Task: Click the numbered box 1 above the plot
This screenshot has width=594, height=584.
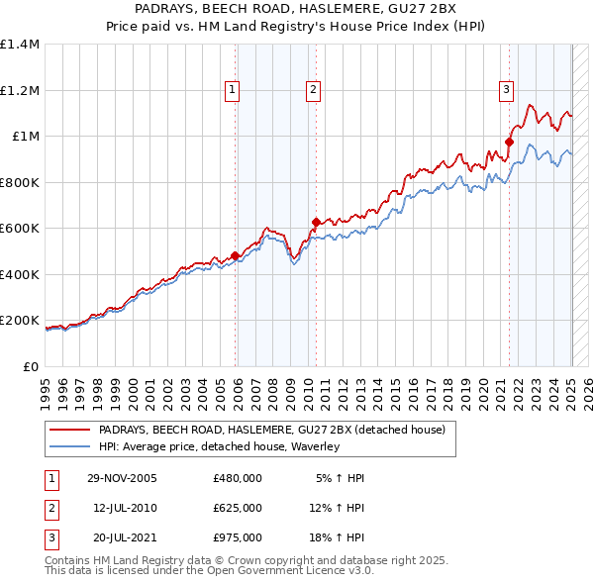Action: pyautogui.click(x=232, y=90)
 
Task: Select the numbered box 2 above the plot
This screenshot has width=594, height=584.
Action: pyautogui.click(x=313, y=90)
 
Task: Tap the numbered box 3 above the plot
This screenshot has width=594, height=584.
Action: pyautogui.click(x=506, y=90)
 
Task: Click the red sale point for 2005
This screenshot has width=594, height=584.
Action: pyautogui.click(x=236, y=256)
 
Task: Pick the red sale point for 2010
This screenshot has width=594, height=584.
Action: pyautogui.click(x=316, y=223)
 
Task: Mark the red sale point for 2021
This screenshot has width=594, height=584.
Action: pyautogui.click(x=509, y=143)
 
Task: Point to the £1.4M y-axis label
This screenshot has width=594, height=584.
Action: pyautogui.click(x=20, y=45)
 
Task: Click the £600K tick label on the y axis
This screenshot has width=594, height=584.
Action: pyautogui.click(x=20, y=229)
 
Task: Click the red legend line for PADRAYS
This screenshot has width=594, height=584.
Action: pyautogui.click(x=70, y=431)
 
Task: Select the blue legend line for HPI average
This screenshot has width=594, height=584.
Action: pyautogui.click(x=70, y=447)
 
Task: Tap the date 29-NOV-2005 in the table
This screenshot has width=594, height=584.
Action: pyautogui.click(x=122, y=478)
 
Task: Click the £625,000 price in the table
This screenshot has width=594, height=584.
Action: pyautogui.click(x=238, y=508)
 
